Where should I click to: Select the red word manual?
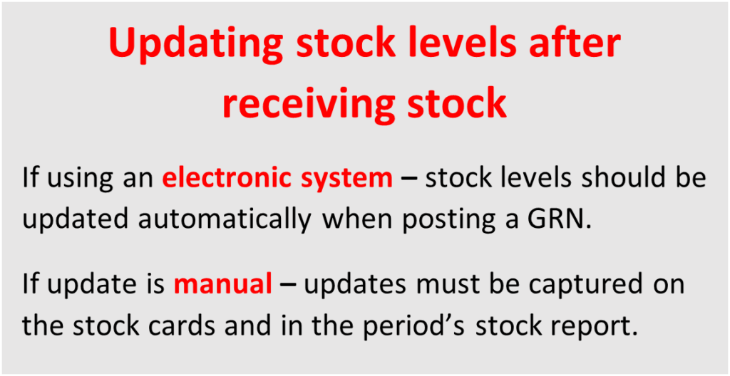(x=223, y=284)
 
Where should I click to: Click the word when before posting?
(x=358, y=218)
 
